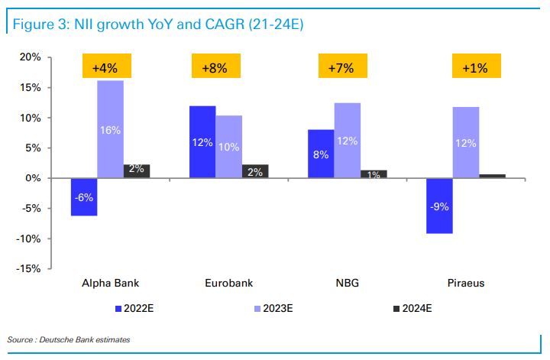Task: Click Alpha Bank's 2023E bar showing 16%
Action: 110,129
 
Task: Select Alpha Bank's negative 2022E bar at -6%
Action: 84,196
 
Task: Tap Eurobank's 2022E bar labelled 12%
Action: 202,142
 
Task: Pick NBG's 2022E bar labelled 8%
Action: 322,154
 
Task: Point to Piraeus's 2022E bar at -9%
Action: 439,206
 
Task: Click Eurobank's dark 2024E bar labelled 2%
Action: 255,171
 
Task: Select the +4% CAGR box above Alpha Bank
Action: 107,67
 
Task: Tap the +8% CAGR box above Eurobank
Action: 216,67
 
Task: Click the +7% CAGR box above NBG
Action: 341,67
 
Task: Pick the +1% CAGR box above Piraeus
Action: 475,67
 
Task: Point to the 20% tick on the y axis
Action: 30,57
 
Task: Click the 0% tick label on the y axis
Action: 34,178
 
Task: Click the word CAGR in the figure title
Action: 233,25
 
